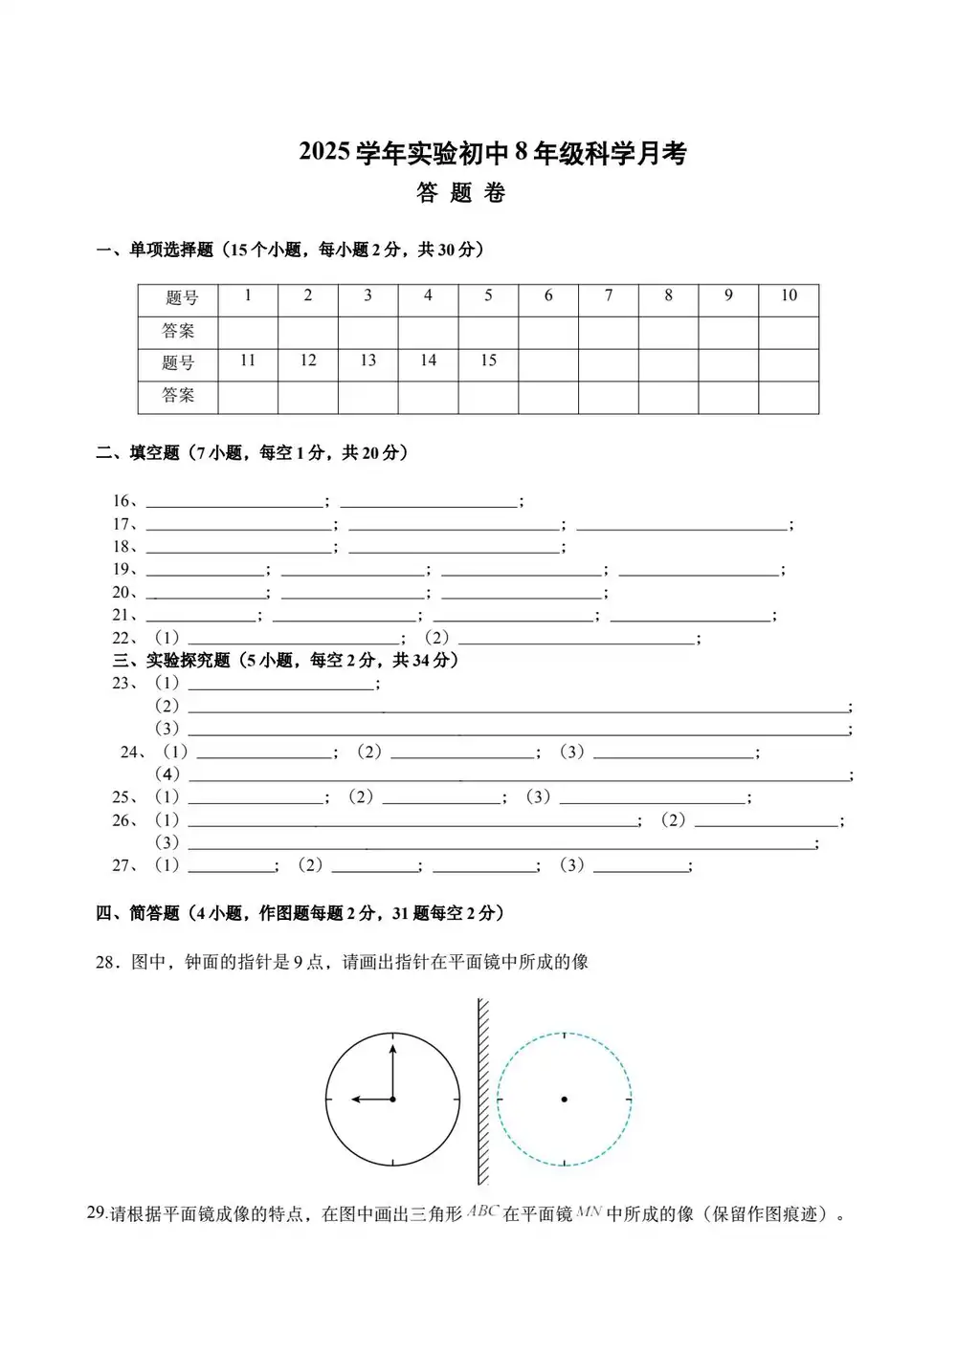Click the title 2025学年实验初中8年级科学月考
493,153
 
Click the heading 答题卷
461,193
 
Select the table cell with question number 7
609,296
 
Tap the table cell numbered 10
789,296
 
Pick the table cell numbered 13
367,361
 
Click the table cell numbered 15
488,361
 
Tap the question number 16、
125,501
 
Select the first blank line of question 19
205,571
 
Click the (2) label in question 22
436,638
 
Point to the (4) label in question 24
167,774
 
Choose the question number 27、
125,866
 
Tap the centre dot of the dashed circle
565,1100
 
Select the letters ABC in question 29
483,1212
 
